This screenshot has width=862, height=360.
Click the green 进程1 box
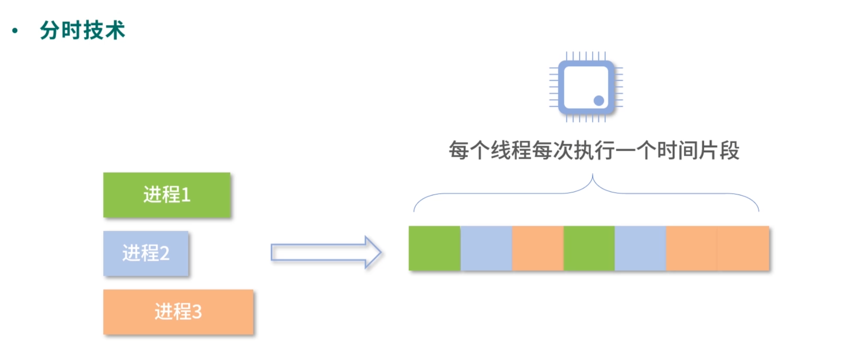click(166, 195)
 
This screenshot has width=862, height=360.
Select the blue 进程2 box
click(146, 253)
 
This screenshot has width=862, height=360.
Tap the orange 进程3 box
click(178, 312)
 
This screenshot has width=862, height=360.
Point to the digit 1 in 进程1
click(185, 195)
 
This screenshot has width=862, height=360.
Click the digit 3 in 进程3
click(196, 312)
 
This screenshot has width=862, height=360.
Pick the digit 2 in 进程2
click(164, 254)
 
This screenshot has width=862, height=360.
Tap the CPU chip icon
click(586, 87)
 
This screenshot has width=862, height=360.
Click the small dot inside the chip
click(598, 101)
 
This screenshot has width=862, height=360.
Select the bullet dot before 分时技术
click(15, 31)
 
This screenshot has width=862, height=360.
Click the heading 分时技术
click(82, 31)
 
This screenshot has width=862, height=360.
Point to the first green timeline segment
click(434, 248)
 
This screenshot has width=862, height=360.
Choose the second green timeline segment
click(589, 248)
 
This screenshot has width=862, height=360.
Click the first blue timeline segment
click(486, 248)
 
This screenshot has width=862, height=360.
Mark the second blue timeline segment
click(640, 248)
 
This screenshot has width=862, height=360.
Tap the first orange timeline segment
click(538, 248)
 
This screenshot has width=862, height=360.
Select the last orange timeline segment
click(743, 248)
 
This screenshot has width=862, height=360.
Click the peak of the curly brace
click(592, 176)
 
